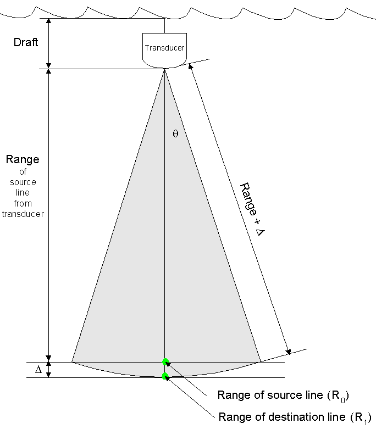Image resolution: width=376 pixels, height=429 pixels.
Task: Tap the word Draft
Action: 26,42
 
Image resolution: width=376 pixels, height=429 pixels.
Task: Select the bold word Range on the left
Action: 23,160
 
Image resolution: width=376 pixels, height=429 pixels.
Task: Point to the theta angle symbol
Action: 175,133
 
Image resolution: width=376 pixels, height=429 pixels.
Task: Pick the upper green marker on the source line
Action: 165,361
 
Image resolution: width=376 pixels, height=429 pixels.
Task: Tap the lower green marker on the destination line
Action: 165,376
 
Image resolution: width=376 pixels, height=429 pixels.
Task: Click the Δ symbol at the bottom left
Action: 38,370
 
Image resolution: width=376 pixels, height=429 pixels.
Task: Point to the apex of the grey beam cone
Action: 165,70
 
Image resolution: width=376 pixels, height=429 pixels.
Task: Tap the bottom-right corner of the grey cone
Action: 259,361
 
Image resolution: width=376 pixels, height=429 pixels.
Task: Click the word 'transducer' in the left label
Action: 23,214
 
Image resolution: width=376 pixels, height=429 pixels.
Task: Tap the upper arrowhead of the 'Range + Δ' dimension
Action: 191,66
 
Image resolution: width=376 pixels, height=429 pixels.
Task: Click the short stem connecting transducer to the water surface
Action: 165,25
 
